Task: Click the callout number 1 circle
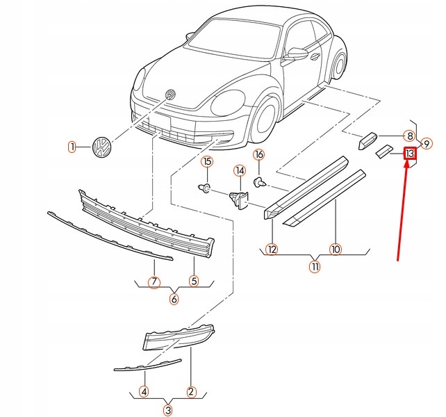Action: (x=71, y=147)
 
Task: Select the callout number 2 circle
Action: (x=191, y=392)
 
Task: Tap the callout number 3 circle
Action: (x=167, y=410)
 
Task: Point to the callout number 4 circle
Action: (x=143, y=392)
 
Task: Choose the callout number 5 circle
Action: (x=194, y=281)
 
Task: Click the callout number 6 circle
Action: (x=174, y=300)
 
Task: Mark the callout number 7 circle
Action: (x=154, y=282)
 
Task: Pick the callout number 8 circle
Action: (x=410, y=136)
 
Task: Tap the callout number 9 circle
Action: (x=427, y=144)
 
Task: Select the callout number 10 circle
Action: (x=336, y=249)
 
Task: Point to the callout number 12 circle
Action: (x=272, y=249)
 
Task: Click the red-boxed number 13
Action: (x=410, y=153)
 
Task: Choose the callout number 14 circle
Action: (x=239, y=170)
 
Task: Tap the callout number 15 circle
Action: (x=206, y=163)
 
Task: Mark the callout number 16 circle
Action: (x=258, y=154)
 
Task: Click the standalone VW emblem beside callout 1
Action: (x=101, y=147)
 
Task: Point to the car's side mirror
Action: (x=298, y=54)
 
